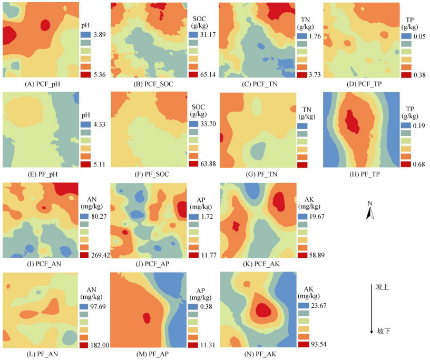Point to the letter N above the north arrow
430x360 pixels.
(370, 202)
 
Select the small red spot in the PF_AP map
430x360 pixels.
(146, 318)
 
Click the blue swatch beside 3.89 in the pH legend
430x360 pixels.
(86, 35)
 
